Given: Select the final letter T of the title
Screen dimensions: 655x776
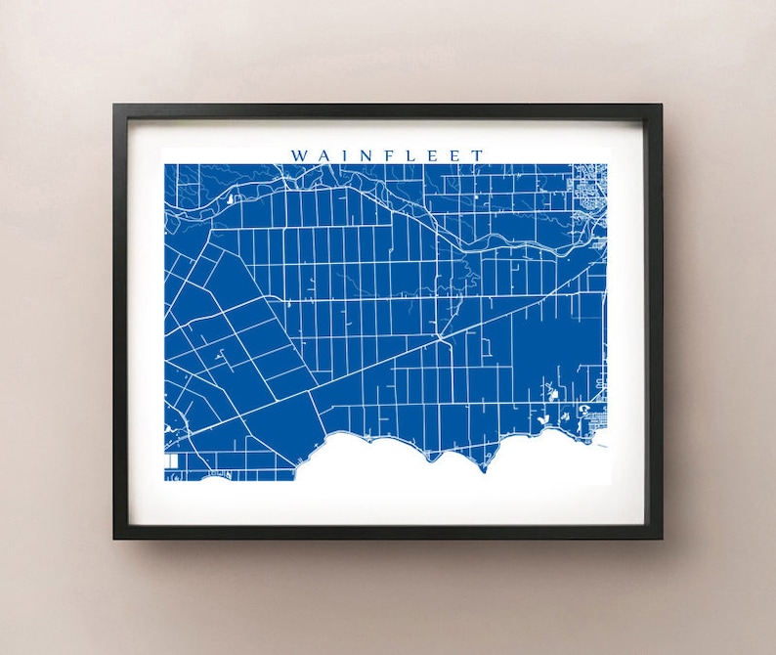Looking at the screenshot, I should [x=477, y=154].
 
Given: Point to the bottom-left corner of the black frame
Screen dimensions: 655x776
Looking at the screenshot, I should [x=114, y=538].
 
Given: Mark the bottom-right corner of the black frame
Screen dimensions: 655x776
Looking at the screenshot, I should [x=661, y=538].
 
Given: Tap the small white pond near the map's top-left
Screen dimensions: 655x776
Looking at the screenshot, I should [x=232, y=198].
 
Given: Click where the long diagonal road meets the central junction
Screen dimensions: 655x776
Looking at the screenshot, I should [x=442, y=337].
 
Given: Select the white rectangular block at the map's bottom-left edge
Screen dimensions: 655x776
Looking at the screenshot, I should [x=171, y=458].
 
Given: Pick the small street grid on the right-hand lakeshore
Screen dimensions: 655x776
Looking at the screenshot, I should [x=594, y=420].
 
